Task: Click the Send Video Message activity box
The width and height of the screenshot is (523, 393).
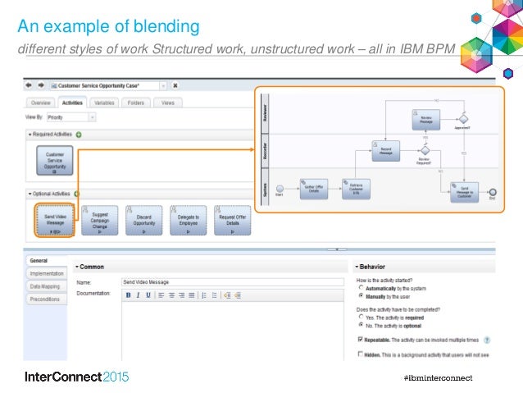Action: tap(55, 219)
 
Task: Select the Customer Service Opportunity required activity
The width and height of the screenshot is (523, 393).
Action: tap(55, 161)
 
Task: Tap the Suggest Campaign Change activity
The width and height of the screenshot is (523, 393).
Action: tap(99, 219)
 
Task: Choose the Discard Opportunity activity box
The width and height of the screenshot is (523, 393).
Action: tap(143, 219)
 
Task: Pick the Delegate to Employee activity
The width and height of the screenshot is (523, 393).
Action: tap(188, 219)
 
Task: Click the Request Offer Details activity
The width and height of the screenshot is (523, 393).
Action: tap(232, 219)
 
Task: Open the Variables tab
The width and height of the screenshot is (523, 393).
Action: tap(104, 103)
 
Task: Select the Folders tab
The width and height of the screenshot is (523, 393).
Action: tap(136, 103)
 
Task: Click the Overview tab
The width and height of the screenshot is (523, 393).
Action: tap(42, 103)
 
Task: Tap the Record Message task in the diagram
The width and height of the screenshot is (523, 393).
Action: tap(384, 151)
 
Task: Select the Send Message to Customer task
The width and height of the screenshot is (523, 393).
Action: tap(464, 193)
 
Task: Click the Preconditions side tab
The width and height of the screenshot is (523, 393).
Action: tap(44, 299)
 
